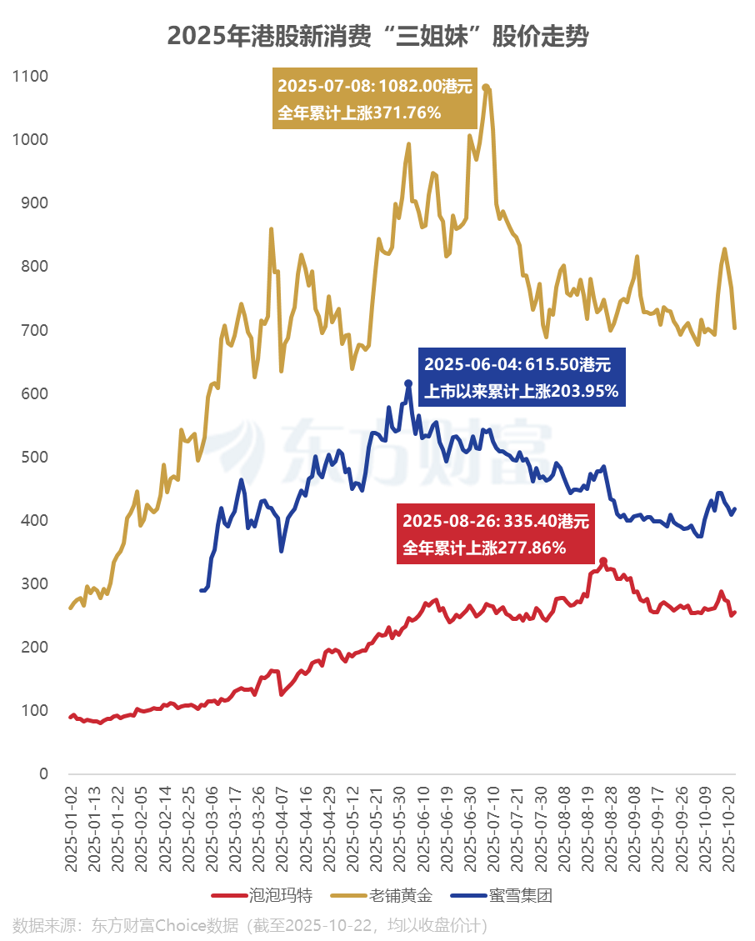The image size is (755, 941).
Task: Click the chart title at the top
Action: pos(377,37)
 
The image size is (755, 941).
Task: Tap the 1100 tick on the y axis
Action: pos(31,77)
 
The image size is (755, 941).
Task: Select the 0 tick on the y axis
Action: pos(43,774)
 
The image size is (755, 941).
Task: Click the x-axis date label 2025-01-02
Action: pos(72,825)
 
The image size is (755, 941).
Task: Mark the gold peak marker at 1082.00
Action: pos(486,88)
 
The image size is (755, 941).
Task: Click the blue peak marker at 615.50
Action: pos(408,383)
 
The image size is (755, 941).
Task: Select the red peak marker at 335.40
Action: pos(603,562)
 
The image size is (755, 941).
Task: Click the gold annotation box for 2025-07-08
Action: pos(375,98)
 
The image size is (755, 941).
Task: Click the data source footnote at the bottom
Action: pos(250,925)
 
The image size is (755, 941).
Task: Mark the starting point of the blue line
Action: pos(202,590)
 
